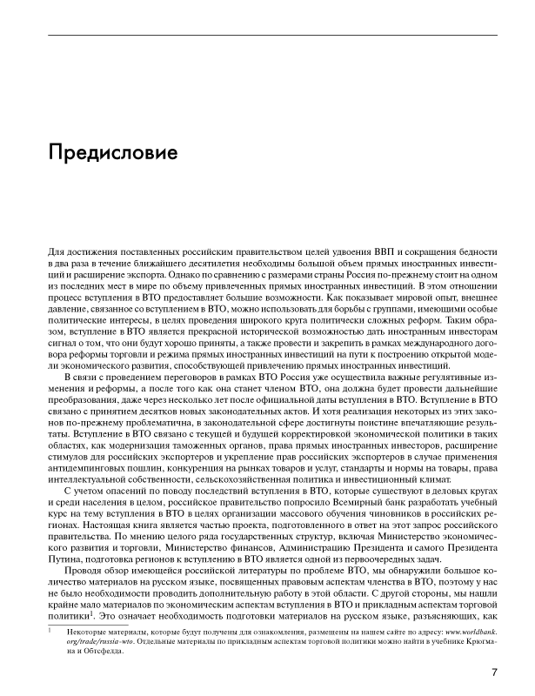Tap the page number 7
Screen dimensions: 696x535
point(493,671)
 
